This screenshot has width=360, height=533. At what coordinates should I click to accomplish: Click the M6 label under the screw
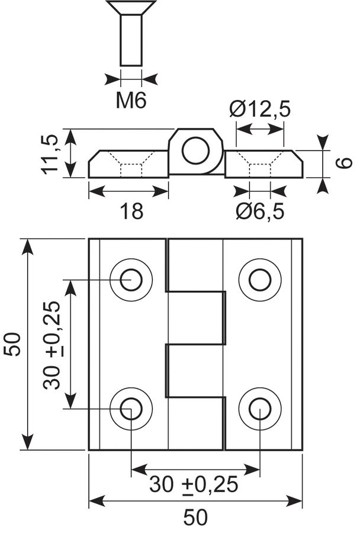131,100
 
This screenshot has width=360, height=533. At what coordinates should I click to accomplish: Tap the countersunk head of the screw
131,8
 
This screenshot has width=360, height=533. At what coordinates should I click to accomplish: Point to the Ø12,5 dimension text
260,110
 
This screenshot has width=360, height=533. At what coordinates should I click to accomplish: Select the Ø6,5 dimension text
260,212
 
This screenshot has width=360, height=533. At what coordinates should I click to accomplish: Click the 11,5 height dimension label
50,155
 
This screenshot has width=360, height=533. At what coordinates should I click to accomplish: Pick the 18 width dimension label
131,211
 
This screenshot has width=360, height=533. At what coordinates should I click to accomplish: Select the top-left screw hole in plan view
131,280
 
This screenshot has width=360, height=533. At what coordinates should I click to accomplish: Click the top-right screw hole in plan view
260,280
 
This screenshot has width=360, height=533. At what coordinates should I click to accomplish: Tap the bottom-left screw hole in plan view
131,408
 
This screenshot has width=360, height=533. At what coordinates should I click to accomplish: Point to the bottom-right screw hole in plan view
260,408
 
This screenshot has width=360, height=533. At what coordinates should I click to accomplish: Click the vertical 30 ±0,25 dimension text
52,345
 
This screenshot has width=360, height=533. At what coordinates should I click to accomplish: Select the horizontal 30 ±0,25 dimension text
194,484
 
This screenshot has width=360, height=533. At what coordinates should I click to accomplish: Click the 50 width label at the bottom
195,518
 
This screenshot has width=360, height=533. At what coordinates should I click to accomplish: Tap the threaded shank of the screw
131,40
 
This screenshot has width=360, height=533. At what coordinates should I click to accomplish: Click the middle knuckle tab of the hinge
196,317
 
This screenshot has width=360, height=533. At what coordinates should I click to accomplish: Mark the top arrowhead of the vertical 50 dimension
28,246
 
